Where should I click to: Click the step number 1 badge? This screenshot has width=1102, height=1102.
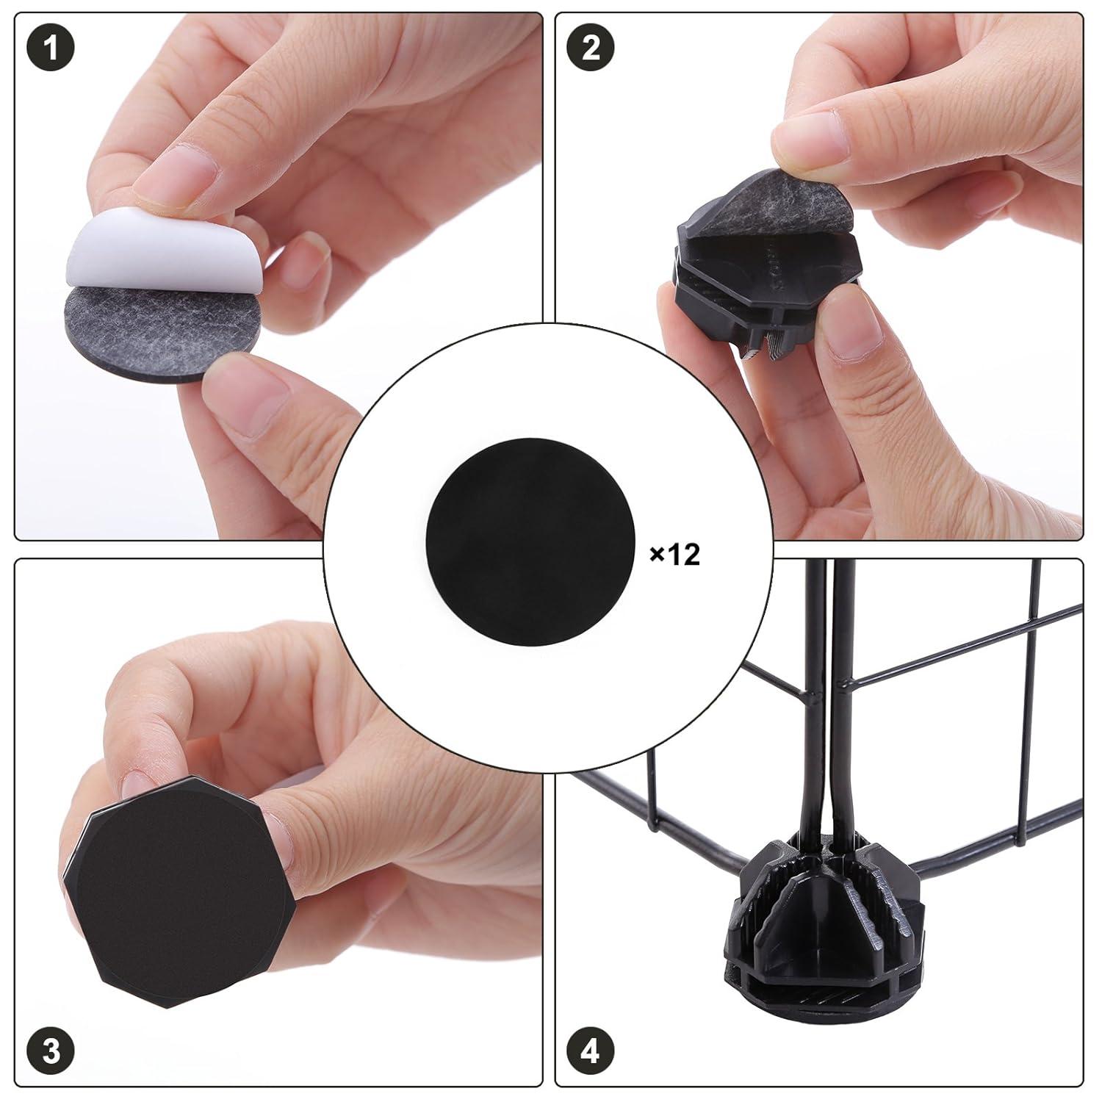50,50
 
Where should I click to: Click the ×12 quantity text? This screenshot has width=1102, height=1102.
674,555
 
